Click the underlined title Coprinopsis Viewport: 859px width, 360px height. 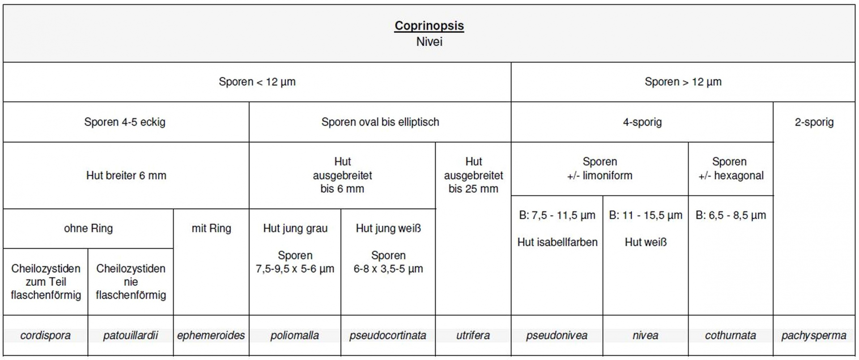tap(429, 25)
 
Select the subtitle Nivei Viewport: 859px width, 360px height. tap(429, 42)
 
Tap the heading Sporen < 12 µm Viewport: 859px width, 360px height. tap(257, 82)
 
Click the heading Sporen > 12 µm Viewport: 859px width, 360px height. tap(683, 82)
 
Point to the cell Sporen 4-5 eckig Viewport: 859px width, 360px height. tap(125, 122)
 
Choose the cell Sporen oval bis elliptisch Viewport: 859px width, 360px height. tap(380, 122)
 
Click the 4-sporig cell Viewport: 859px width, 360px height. tap(642, 122)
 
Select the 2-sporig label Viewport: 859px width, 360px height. tap(814, 122)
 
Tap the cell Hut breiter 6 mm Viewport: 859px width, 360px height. tap(126, 175)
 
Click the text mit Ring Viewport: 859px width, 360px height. tap(211, 229)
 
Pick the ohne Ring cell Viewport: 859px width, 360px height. tap(88, 229)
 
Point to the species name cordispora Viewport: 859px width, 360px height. tap(45, 335)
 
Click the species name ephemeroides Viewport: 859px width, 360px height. tap(211, 335)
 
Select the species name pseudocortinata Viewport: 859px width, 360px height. tap(387, 335)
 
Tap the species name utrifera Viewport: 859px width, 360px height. tap(473, 335)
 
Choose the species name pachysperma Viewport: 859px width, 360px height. tap(813, 335)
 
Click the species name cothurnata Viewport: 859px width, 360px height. tap(730, 335)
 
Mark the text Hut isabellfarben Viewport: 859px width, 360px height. tap(557, 242)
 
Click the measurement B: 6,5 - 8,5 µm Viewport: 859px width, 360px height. tap(731, 215)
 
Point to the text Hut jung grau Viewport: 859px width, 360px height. tap(295, 229)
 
